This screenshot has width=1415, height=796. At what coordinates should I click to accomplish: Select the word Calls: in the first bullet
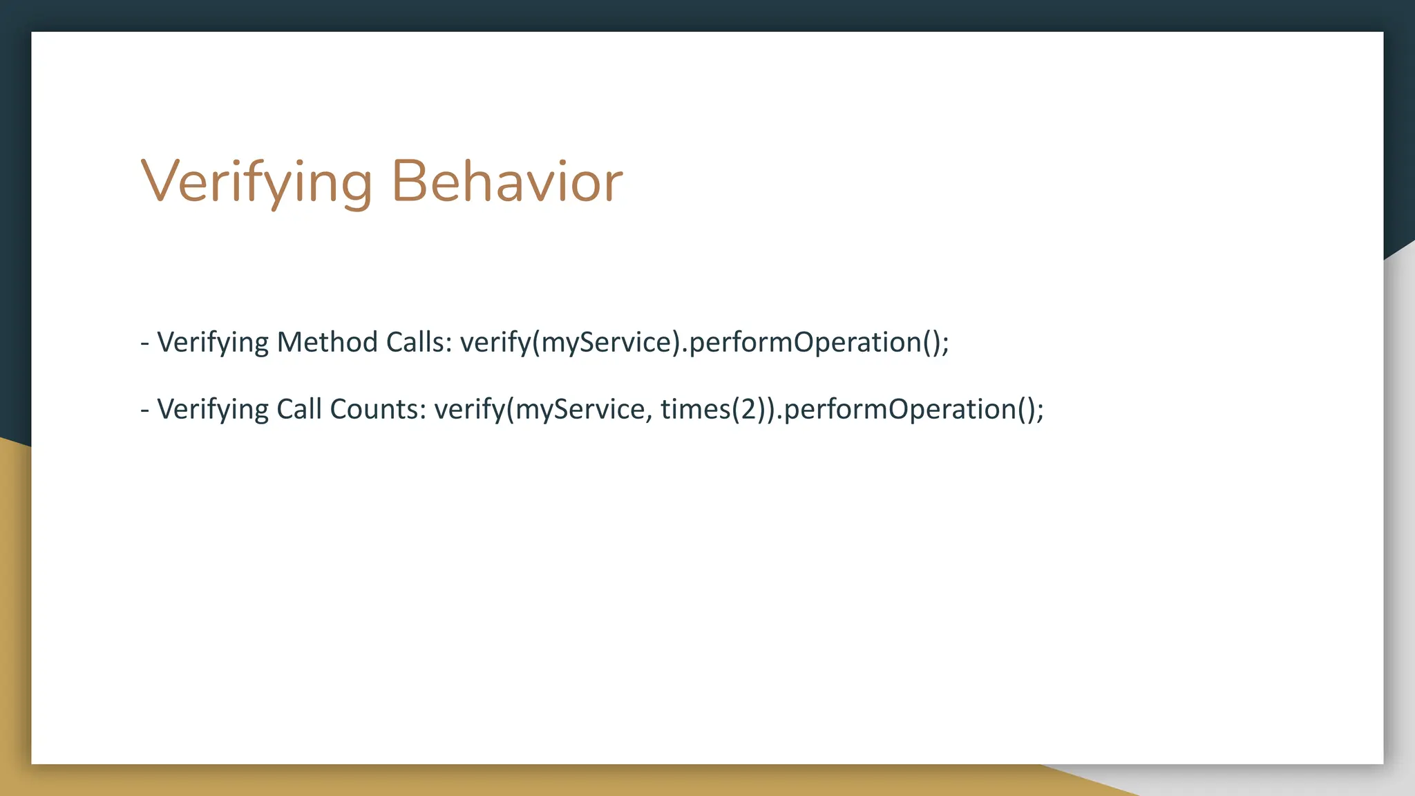(419, 342)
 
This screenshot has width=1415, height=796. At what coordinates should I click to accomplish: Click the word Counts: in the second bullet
(378, 409)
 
